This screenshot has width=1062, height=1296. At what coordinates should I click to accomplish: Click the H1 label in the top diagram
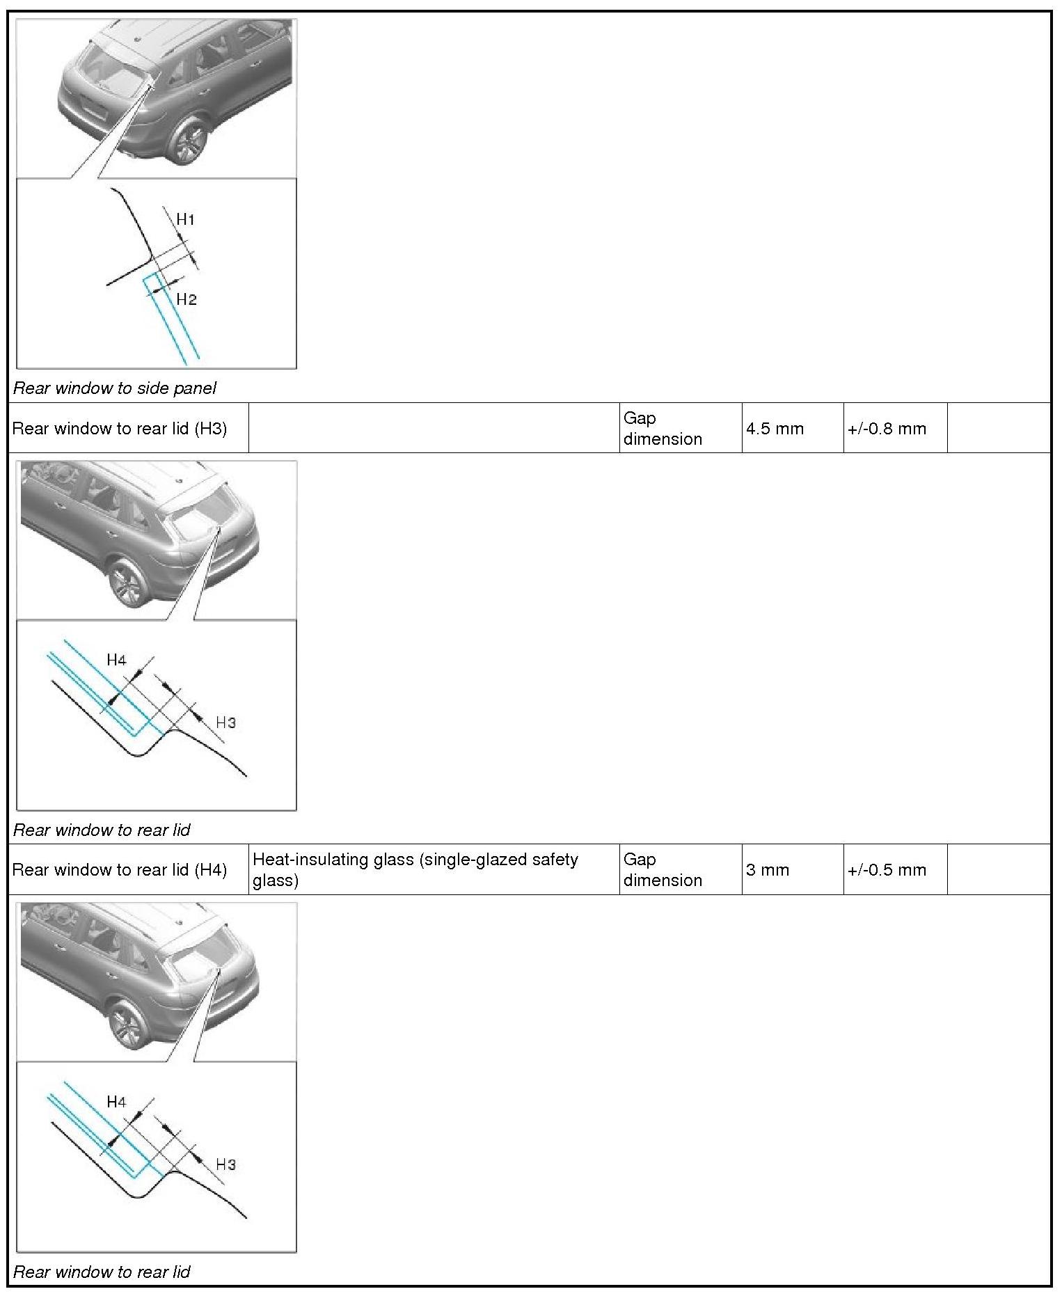[185, 219]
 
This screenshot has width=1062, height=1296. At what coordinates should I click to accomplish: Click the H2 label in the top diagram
[187, 299]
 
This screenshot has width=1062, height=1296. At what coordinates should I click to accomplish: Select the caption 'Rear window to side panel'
[115, 388]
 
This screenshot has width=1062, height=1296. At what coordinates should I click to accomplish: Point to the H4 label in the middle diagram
[116, 660]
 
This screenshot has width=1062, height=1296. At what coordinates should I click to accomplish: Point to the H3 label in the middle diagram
[226, 722]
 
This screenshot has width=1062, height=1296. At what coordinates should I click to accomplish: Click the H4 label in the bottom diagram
[116, 1102]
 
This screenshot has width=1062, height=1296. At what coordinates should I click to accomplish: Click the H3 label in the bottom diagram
[226, 1164]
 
